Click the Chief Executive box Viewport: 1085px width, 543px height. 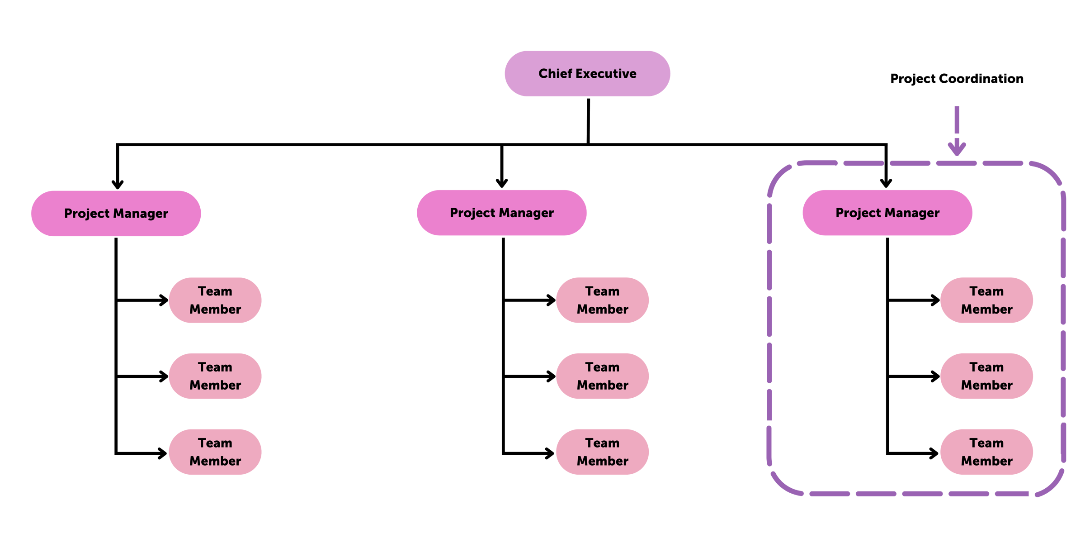point(587,74)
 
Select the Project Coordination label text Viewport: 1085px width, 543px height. point(957,79)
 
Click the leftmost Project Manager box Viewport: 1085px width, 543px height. point(116,213)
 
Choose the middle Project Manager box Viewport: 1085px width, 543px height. point(502,213)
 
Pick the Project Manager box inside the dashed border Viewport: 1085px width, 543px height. point(887,213)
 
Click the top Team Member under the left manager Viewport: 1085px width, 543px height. point(215,300)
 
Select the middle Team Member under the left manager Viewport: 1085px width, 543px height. point(215,376)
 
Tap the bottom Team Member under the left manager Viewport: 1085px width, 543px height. point(215,452)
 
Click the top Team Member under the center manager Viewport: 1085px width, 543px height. point(602,300)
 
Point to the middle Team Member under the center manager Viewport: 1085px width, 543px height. point(602,376)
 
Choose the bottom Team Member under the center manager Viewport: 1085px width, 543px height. point(602,452)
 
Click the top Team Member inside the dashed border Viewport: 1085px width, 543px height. point(986,300)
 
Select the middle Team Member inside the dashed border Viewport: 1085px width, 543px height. point(986,376)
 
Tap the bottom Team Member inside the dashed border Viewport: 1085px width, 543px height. point(986,452)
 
